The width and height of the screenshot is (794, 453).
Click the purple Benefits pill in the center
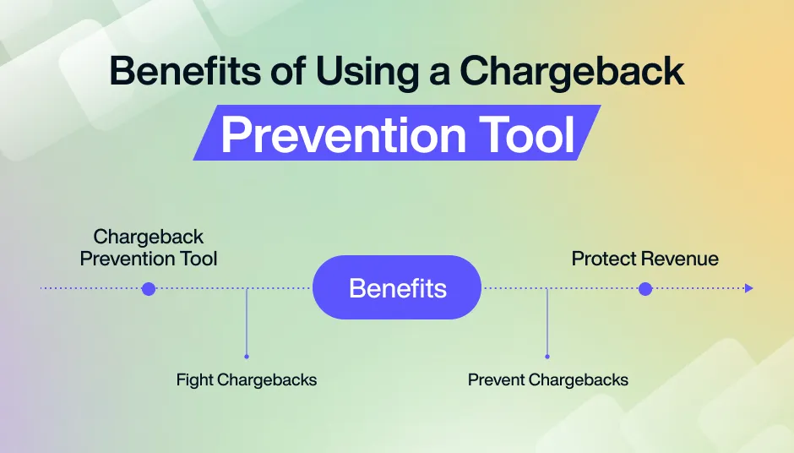(x=397, y=287)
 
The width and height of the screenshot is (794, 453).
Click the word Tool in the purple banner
(x=525, y=135)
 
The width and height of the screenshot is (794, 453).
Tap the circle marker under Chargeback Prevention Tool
(x=149, y=289)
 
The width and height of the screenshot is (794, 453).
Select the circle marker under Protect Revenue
(x=645, y=289)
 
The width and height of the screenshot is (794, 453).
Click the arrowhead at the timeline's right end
(x=748, y=289)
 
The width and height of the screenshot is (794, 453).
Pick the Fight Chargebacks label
(x=247, y=380)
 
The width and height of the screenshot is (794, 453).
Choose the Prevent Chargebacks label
(x=548, y=380)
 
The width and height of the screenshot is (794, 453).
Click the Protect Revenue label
(x=645, y=259)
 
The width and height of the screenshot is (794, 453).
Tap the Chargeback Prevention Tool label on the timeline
(x=149, y=248)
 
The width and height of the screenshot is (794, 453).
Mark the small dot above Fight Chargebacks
(x=247, y=357)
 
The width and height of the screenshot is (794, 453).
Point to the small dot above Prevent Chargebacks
(x=547, y=357)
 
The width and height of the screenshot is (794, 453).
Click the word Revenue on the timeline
(x=683, y=259)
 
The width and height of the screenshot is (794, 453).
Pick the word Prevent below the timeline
(x=495, y=380)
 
